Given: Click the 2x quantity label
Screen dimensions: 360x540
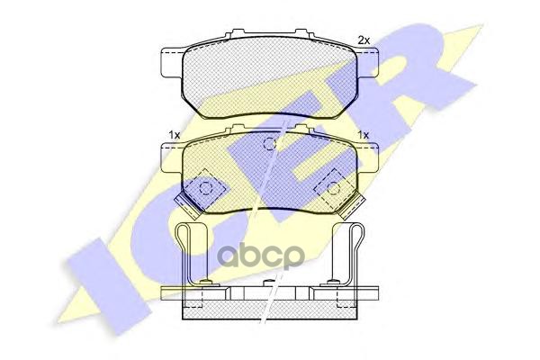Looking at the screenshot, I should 364,40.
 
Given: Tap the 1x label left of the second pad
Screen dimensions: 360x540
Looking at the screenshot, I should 174,135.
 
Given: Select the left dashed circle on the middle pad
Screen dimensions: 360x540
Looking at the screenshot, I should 205,189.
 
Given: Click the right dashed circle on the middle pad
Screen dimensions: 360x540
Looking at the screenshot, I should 333,189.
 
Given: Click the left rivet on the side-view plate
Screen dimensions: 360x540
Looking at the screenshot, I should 206,285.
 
